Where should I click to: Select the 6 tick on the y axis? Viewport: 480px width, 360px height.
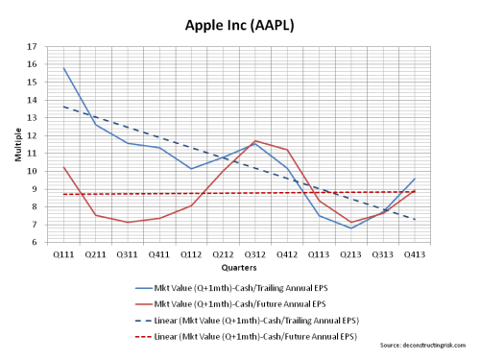35,242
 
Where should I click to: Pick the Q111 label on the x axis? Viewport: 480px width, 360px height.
62,254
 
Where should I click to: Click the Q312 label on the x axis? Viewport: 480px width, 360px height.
254,254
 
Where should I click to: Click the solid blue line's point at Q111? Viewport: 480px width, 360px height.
62,68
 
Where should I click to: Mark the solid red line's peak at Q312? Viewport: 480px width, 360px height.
254,140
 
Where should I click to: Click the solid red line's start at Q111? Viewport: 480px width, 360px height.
62,167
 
